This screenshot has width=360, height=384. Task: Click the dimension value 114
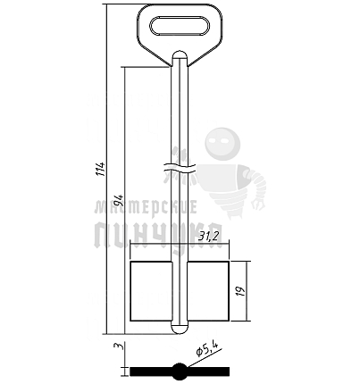102,169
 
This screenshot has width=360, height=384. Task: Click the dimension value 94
120,201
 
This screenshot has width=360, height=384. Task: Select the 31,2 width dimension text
209,237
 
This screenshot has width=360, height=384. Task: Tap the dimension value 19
241,291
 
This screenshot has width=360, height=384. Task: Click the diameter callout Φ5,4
207,348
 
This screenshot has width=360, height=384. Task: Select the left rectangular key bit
151,291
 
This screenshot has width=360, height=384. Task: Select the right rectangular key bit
208,291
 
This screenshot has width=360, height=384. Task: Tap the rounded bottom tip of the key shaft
180,329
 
